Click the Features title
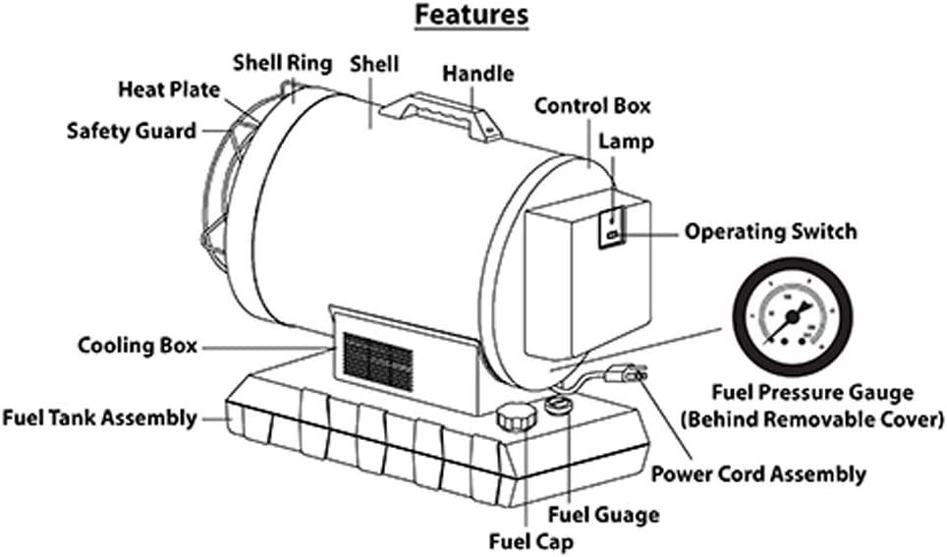472,17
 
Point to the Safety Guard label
131,130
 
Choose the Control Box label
592,105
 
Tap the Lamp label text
630,141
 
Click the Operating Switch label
771,232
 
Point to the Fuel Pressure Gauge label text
812,394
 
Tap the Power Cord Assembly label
759,474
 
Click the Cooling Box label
138,347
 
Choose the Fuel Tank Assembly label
99,418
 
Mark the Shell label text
374,64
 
